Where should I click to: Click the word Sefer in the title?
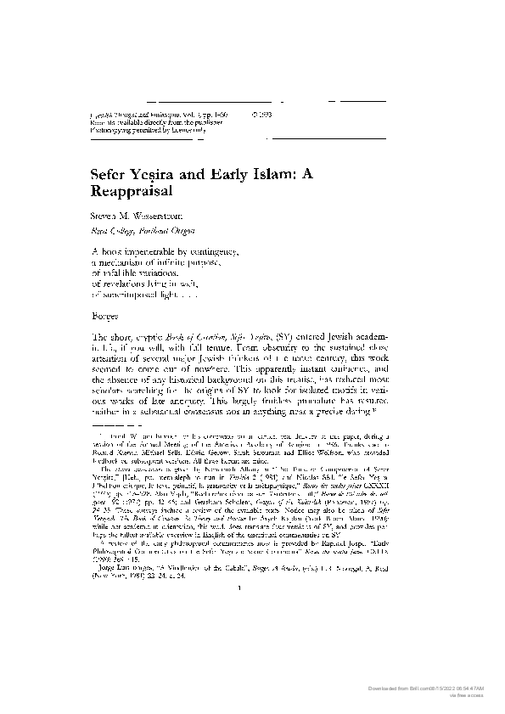click(108, 173)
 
